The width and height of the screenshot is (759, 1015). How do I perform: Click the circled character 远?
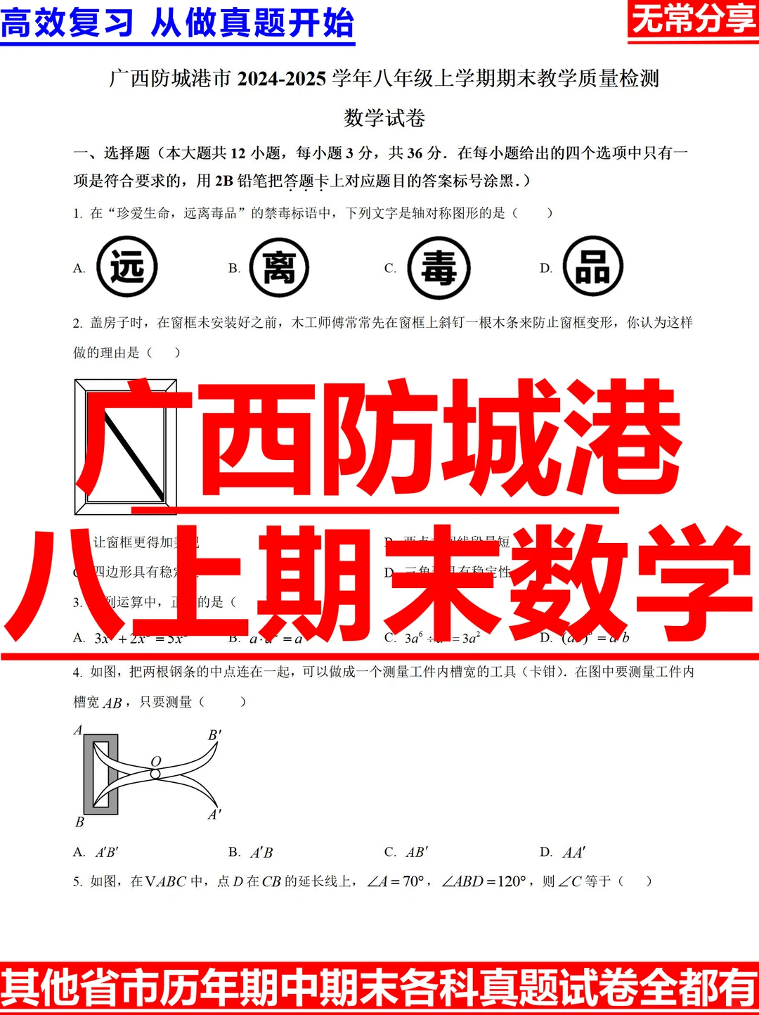(x=126, y=267)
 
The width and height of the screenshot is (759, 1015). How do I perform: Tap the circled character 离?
(x=279, y=267)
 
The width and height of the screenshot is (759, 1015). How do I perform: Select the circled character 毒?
(x=439, y=268)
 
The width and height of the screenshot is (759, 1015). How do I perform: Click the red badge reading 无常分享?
(x=692, y=20)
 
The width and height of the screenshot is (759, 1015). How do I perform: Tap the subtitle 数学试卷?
(x=384, y=117)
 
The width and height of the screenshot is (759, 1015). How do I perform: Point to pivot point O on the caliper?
(x=155, y=774)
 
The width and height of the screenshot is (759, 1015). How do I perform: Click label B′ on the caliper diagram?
(x=214, y=735)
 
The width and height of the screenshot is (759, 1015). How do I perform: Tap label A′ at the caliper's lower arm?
(x=214, y=815)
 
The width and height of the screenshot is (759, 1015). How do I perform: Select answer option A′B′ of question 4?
(x=107, y=853)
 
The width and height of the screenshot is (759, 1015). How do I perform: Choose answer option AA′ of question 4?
(x=573, y=853)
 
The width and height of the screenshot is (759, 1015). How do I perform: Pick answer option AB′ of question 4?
(x=417, y=853)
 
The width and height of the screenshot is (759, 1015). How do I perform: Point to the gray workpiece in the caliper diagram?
(x=89, y=774)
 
